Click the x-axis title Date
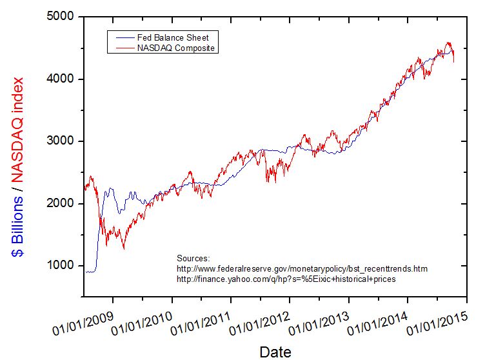pos(275,352)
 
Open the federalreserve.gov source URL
pos(302,268)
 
